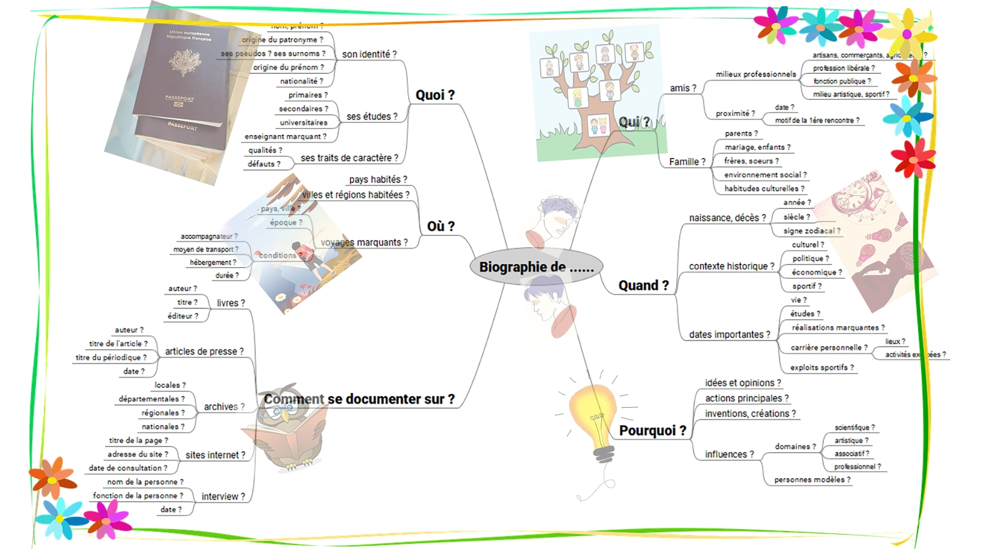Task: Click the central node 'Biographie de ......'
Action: (x=536, y=267)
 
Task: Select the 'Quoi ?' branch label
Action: (x=435, y=95)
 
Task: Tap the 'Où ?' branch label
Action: (x=440, y=226)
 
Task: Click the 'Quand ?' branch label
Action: (x=644, y=286)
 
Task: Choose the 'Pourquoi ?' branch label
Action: (x=652, y=431)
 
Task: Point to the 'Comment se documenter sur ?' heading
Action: (x=359, y=399)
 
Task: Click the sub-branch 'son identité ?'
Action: (x=369, y=55)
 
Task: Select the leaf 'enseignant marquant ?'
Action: (x=285, y=136)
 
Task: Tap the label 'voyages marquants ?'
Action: (x=364, y=242)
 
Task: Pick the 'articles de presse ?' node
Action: (x=204, y=351)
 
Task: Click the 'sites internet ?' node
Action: (x=215, y=455)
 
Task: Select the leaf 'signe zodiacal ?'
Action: (x=811, y=231)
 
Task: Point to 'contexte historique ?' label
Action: (x=731, y=266)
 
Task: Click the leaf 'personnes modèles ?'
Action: (x=812, y=480)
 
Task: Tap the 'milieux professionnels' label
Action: (x=756, y=74)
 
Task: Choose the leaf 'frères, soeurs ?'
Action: (x=751, y=161)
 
